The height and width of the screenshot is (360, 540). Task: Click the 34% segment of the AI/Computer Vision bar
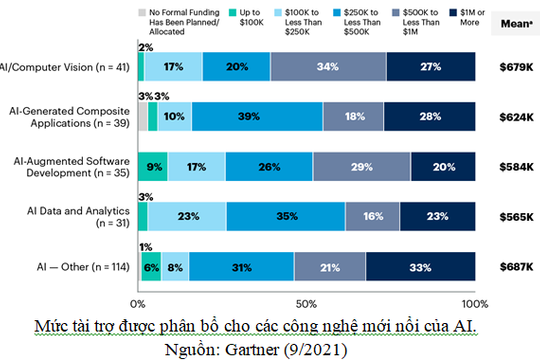(x=328, y=67)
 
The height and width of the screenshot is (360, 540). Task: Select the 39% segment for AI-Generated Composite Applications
(x=257, y=116)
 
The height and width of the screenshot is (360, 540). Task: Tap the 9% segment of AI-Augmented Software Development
(x=154, y=165)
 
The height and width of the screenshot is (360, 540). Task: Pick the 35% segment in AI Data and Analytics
(x=286, y=214)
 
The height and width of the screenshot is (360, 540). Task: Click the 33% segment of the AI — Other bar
(x=420, y=267)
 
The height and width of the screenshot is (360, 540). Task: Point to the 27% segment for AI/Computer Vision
(x=431, y=67)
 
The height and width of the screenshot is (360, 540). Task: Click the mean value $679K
(x=517, y=67)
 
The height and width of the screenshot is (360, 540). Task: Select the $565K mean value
(x=517, y=215)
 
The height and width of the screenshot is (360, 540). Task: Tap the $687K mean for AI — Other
(x=517, y=267)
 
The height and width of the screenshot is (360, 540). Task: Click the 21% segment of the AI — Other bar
(x=330, y=267)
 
